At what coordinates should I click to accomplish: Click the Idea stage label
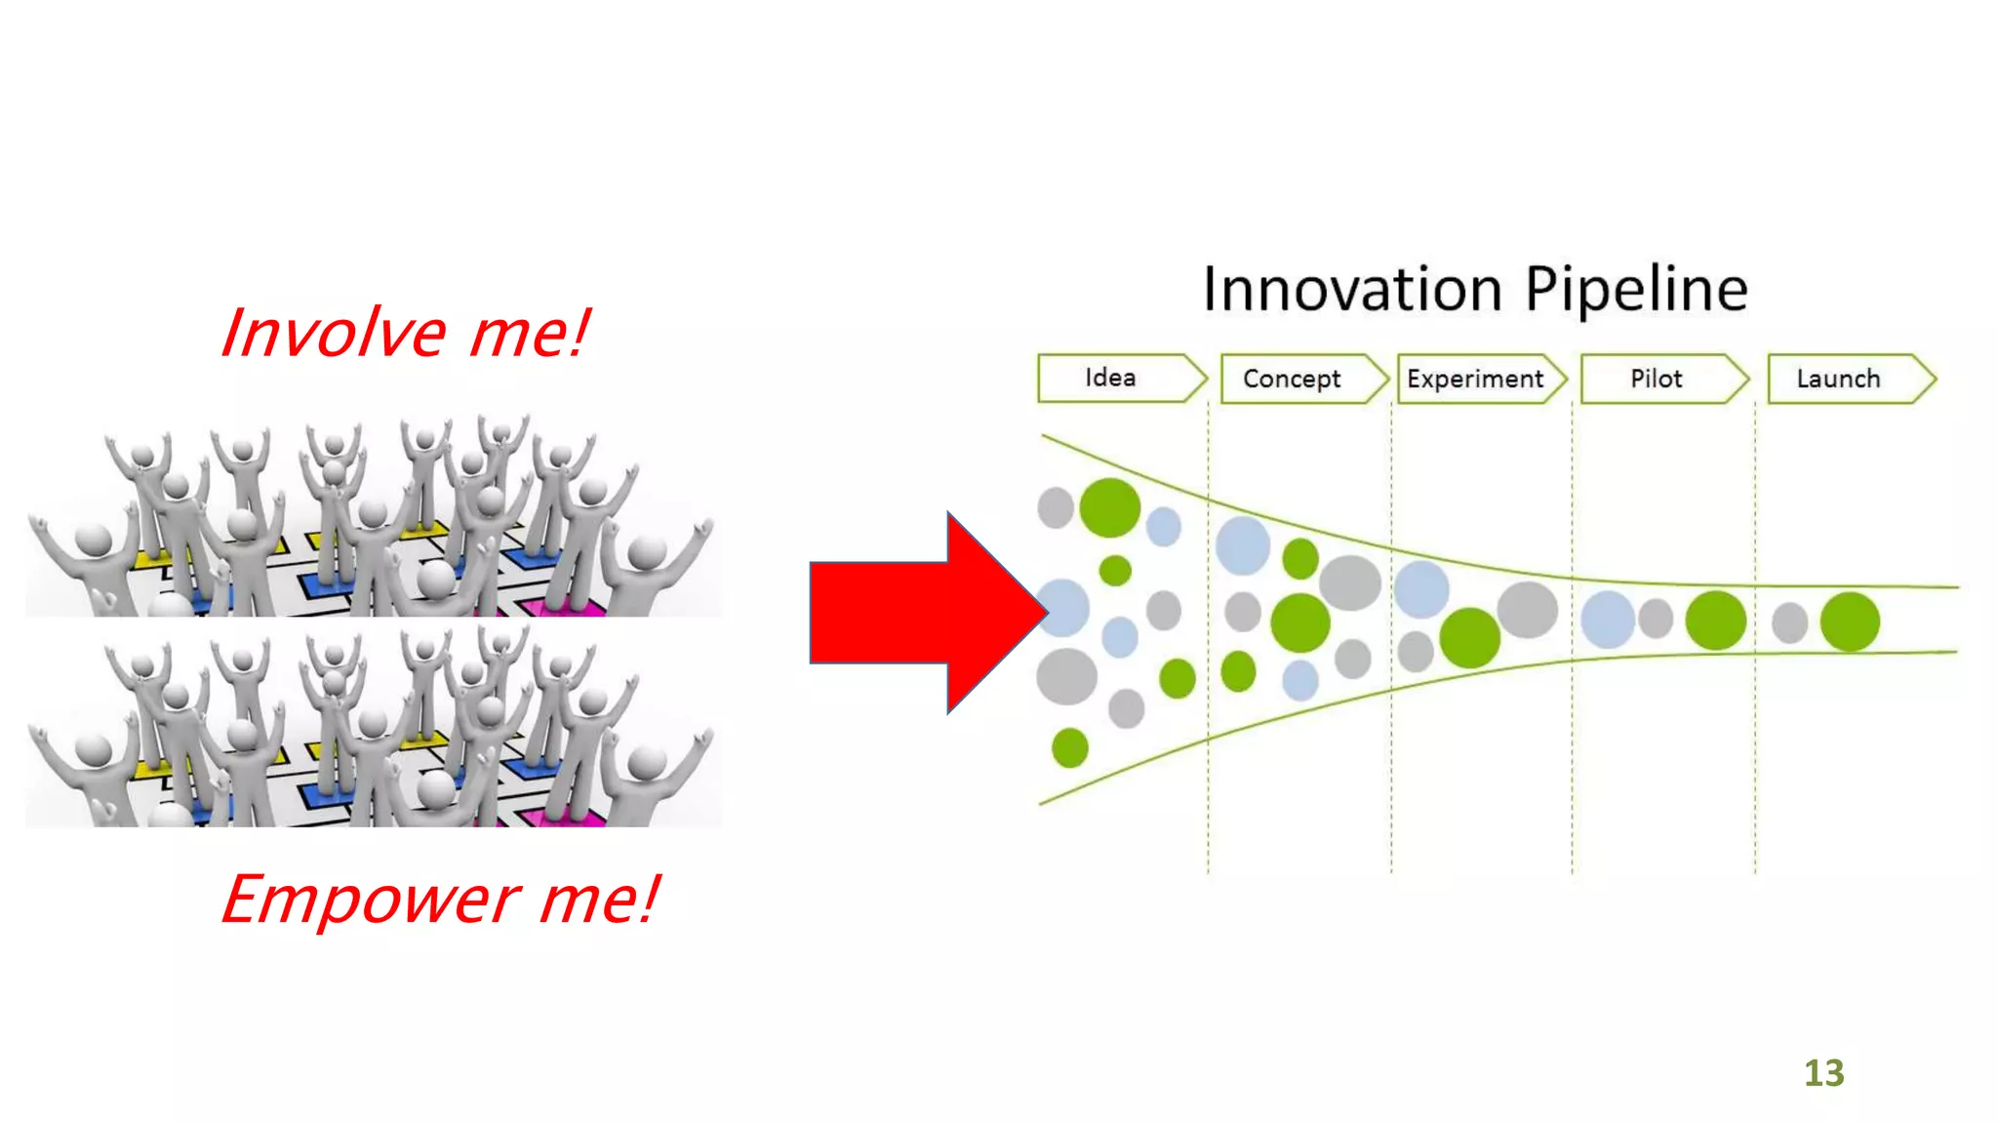[1110, 378]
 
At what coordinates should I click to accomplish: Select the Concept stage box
[1292, 379]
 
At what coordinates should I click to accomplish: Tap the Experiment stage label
[1475, 379]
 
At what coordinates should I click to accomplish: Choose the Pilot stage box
[1656, 379]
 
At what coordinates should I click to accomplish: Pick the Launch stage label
[1838, 379]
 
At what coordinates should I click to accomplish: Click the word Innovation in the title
[1352, 290]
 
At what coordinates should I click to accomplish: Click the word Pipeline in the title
[1636, 290]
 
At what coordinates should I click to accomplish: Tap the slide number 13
[1823, 1073]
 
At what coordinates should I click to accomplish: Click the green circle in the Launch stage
[1850, 622]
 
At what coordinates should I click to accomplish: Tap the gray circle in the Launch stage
[1789, 622]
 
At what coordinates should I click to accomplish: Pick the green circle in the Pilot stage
[1715, 620]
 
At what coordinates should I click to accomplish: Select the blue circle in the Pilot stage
[1608, 620]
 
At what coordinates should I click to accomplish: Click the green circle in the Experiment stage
[1469, 637]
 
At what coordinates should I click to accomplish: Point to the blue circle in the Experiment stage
[1421, 589]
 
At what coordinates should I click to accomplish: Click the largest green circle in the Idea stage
[1110, 507]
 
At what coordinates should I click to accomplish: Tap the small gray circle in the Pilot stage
[1656, 619]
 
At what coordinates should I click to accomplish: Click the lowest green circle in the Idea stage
[1070, 748]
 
